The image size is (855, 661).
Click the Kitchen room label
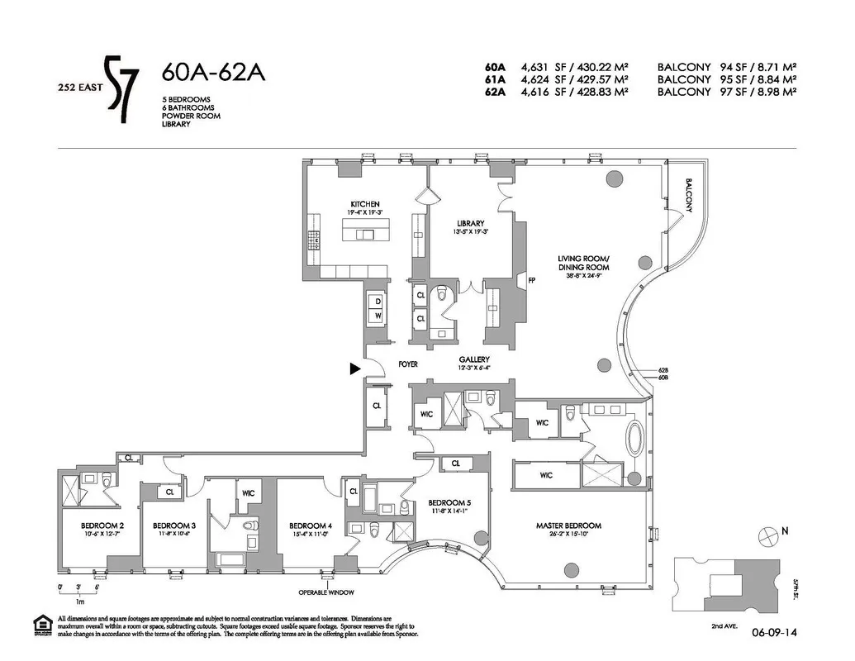pos(364,204)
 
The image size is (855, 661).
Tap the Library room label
pos(470,223)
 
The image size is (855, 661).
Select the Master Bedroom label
pos(568,525)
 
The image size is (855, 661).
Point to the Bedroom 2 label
pos(102,525)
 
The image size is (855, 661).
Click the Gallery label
pos(474,360)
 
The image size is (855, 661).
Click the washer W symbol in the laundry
pos(378,316)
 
